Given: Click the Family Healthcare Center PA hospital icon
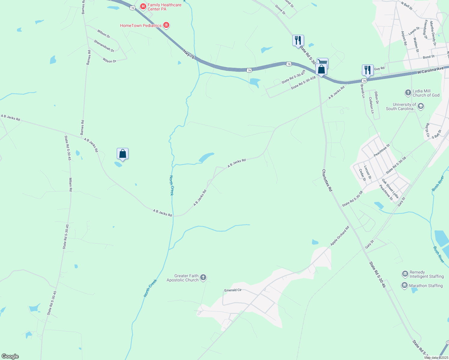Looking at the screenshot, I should click(143, 6).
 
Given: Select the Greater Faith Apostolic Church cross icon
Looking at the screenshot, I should click(203, 277).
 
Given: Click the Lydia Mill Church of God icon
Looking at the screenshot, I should click(408, 93).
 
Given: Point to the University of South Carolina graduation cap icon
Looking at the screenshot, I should click(421, 106).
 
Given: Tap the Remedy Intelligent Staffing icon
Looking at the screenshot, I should click(405, 274).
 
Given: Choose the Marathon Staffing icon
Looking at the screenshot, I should click(405, 285).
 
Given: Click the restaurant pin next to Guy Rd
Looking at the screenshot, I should click(368, 70).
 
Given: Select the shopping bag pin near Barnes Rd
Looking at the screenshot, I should click(122, 154).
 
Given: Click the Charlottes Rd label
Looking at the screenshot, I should click(327, 180).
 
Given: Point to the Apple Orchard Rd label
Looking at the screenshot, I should click(340, 236).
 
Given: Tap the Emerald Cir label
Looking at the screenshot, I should click(233, 290).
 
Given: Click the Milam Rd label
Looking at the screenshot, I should click(71, 184).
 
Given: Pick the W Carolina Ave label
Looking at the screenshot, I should click(430, 71).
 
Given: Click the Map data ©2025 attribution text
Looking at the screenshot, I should click(435, 358).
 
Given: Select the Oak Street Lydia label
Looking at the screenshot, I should click(390, 189).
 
